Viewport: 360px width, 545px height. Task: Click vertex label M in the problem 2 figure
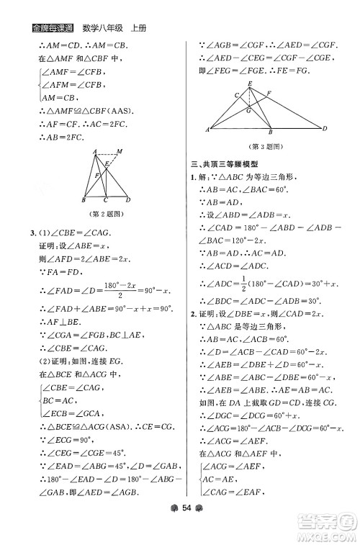pyautogui.click(x=119, y=150)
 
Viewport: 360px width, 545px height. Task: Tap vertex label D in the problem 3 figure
pyautogui.click(x=325, y=129)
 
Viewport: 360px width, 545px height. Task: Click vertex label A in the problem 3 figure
pyautogui.click(x=207, y=130)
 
